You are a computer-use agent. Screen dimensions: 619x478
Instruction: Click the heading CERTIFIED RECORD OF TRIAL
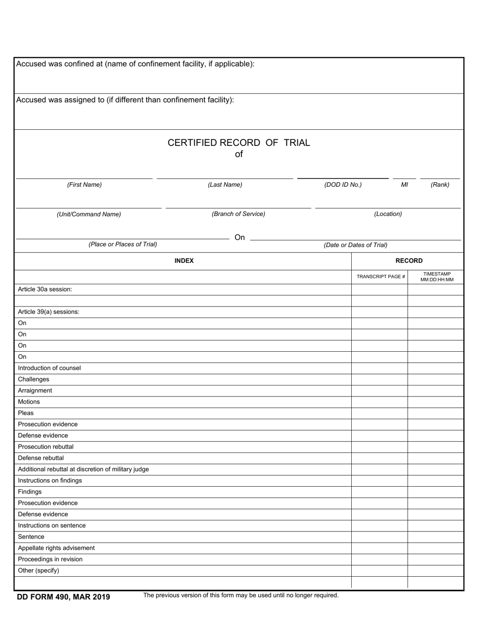pyautogui.click(x=238, y=143)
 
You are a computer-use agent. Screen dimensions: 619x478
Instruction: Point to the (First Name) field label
pyautogui.click(x=84, y=185)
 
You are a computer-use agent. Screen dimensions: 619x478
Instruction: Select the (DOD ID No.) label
pyautogui.click(x=343, y=185)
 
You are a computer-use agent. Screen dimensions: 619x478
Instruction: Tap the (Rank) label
pyautogui.click(x=440, y=185)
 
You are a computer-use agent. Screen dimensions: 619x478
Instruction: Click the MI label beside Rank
pyautogui.click(x=404, y=185)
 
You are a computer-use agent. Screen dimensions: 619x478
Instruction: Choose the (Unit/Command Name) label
pyautogui.click(x=89, y=214)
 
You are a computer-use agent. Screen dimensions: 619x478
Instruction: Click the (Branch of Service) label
pyautogui.click(x=238, y=214)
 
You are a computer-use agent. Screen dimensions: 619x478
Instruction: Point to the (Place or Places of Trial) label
pyautogui.click(x=123, y=245)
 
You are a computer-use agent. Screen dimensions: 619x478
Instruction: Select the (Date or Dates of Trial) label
pyautogui.click(x=355, y=245)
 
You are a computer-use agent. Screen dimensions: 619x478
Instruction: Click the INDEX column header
pyautogui.click(x=184, y=261)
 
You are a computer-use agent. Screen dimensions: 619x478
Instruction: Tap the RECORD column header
pyautogui.click(x=409, y=261)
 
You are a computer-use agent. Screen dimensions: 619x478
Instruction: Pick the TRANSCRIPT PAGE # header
pyautogui.click(x=380, y=277)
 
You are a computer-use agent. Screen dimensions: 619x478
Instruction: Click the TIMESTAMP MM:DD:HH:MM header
pyautogui.click(x=437, y=277)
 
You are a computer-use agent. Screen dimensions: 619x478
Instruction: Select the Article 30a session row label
pyautogui.click(x=45, y=289)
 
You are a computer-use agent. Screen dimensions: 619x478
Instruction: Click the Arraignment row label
pyautogui.click(x=35, y=391)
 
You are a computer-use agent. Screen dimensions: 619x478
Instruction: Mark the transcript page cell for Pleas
pyautogui.click(x=379, y=413)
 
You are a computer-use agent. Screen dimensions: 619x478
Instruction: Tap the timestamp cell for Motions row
pyautogui.click(x=436, y=402)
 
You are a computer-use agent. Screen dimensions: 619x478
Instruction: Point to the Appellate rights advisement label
pyautogui.click(x=56, y=548)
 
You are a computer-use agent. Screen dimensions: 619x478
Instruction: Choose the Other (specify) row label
pyautogui.click(x=38, y=571)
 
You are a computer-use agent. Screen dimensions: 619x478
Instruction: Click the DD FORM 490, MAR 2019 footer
pyautogui.click(x=63, y=597)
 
